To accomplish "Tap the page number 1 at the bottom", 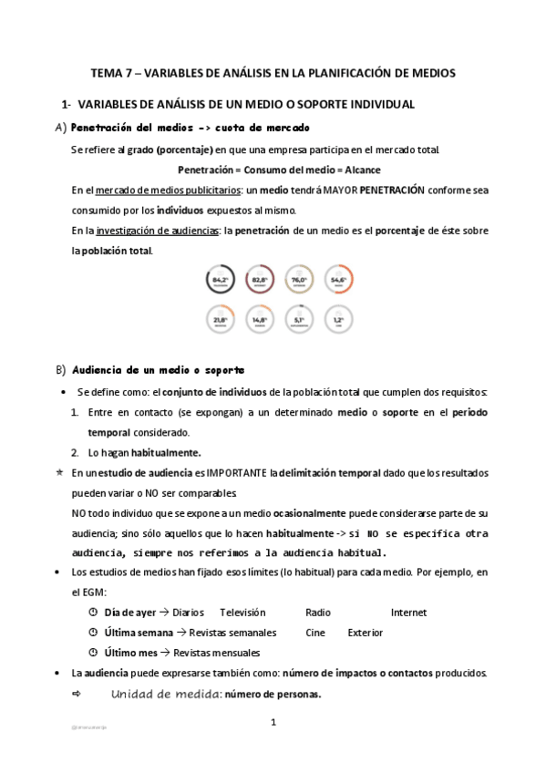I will point(273,722).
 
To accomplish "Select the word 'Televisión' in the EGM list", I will point(242,613).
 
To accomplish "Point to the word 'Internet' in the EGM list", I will point(408,613).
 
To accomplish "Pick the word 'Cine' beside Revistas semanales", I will point(315,633).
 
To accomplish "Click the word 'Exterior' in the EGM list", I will point(365,633).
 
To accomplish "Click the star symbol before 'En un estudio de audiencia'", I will point(59,473).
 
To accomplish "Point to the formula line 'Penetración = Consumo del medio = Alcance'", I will point(279,170).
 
